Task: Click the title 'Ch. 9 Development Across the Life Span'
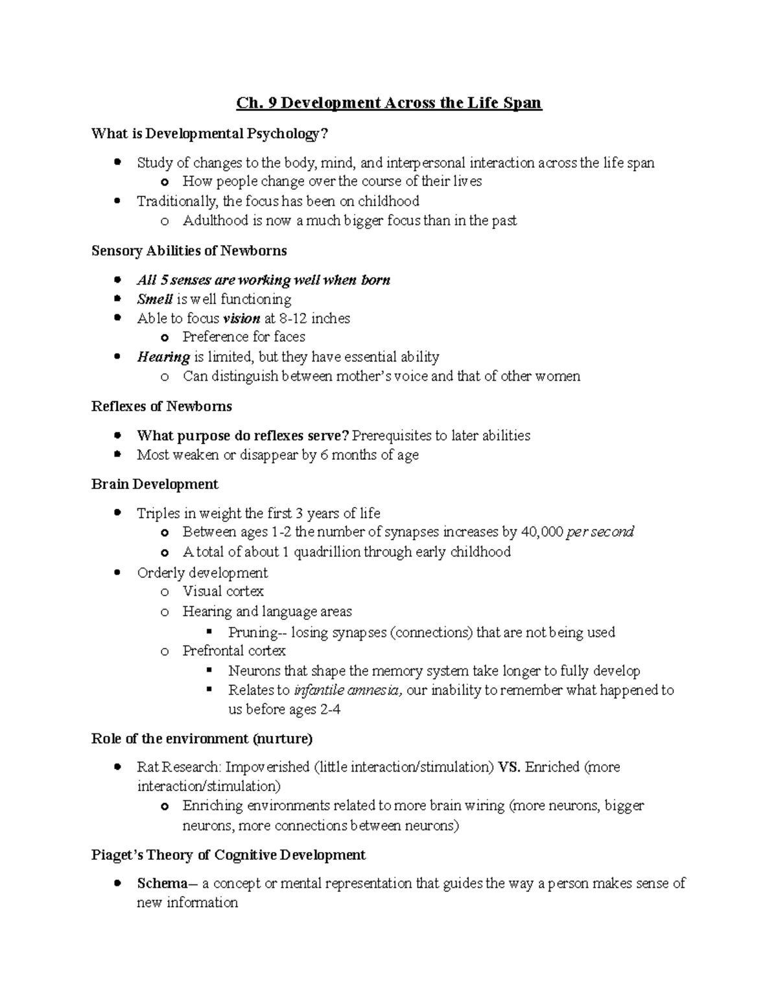(388, 103)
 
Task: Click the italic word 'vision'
(241, 318)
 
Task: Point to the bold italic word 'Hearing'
(163, 357)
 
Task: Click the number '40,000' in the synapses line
(542, 532)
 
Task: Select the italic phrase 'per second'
(600, 532)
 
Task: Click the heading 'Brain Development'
(155, 484)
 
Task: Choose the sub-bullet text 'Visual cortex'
(223, 591)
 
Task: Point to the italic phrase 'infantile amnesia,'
(348, 690)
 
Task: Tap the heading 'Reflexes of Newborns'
(161, 407)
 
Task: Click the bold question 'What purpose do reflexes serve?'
(243, 436)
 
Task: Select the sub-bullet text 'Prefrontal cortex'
(234, 650)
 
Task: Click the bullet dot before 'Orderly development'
(117, 573)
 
